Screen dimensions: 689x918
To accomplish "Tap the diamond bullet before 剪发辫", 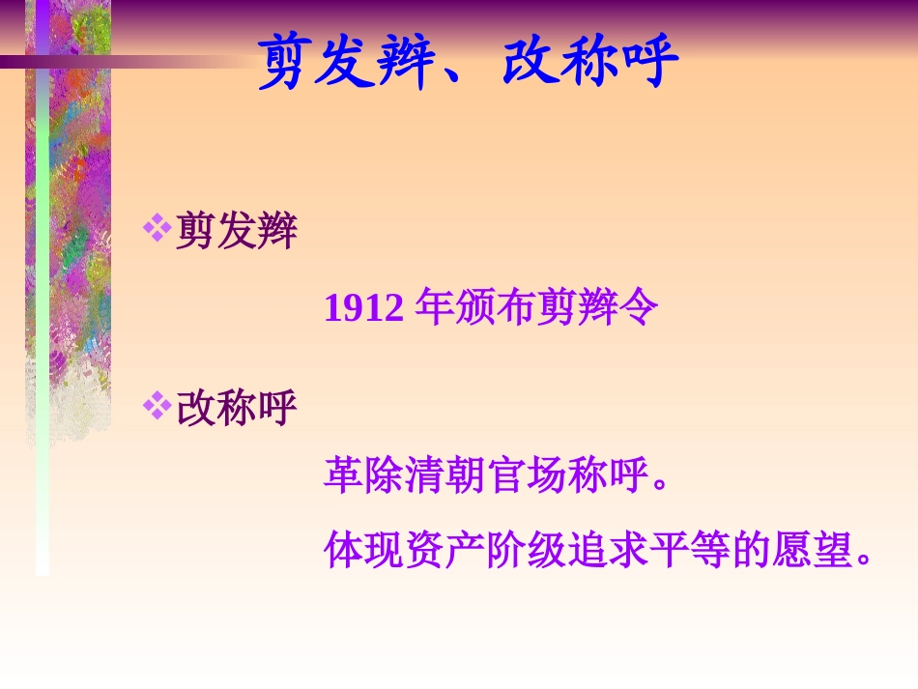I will point(156,228).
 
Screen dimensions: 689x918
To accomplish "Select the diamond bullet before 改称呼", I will point(156,405).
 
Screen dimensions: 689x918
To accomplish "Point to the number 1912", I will point(363,309).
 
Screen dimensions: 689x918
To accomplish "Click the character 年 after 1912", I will point(433,309).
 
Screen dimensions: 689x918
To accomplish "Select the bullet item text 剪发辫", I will point(237,232).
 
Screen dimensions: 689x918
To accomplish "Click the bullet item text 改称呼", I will point(237,409).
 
